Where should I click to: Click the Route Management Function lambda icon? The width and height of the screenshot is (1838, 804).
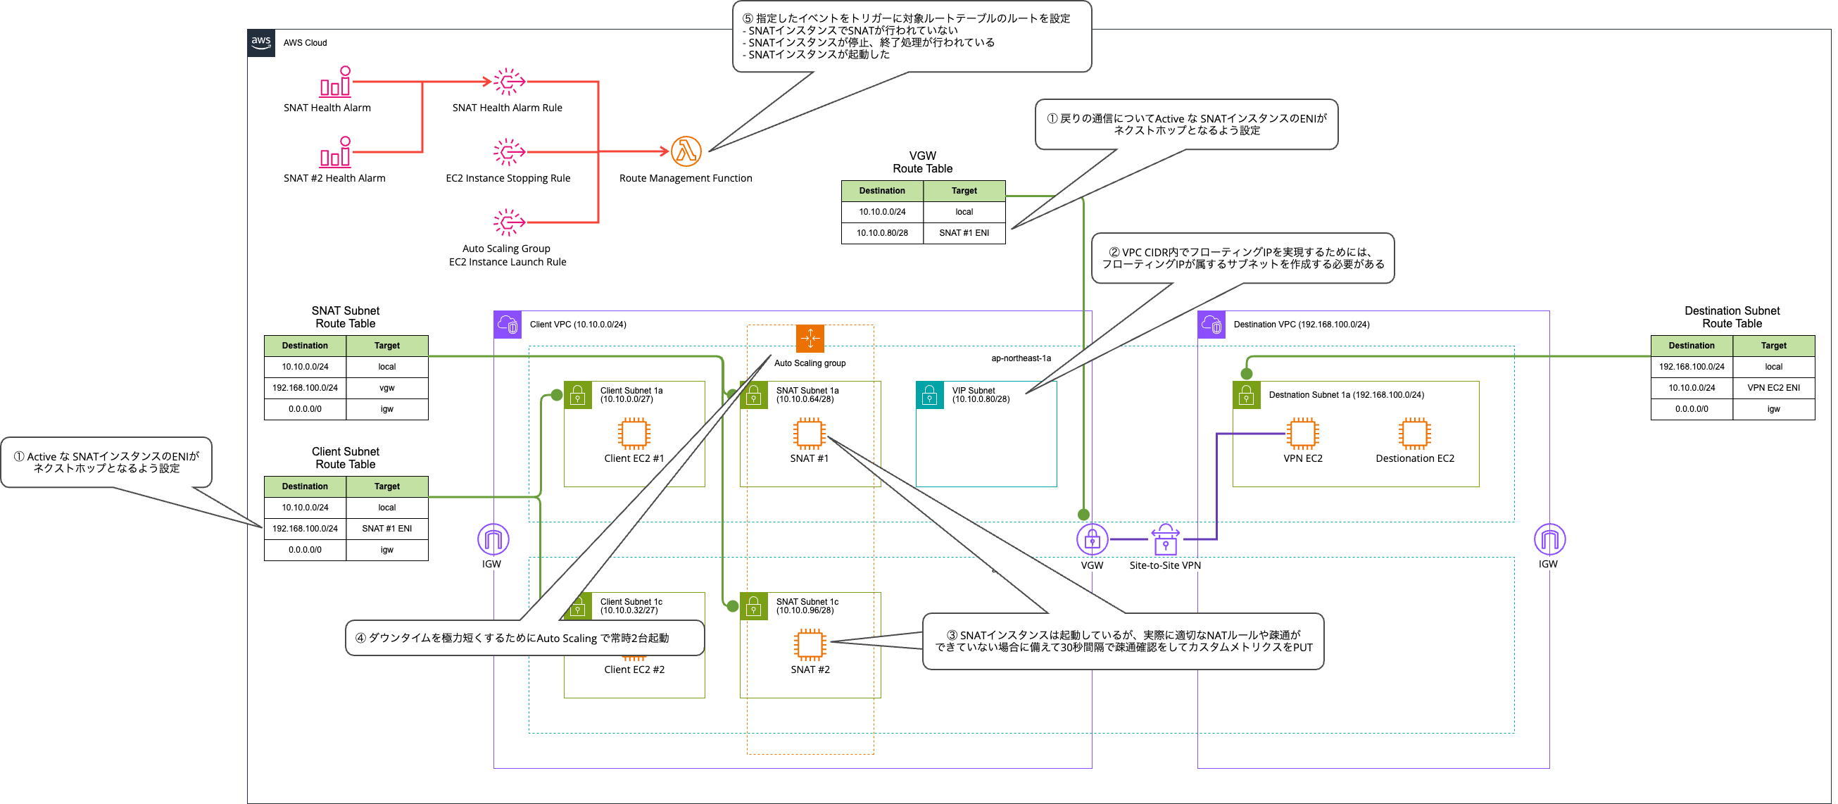click(686, 151)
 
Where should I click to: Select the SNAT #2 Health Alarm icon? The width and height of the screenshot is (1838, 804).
click(335, 151)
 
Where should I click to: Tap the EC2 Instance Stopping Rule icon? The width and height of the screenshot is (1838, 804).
click(509, 152)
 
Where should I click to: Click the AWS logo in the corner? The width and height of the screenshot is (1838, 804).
click(261, 43)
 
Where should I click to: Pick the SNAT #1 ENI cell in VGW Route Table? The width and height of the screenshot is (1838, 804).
click(964, 232)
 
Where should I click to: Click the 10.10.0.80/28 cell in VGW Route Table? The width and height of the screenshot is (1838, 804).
click(882, 232)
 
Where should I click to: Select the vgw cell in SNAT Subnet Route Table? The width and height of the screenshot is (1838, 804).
click(386, 388)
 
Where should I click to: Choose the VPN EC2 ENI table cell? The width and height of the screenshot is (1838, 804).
click(1773, 388)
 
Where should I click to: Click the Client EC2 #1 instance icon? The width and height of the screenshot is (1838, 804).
click(634, 434)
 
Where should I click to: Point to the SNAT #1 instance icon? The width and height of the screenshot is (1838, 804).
click(809, 434)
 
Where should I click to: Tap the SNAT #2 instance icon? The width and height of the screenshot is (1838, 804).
click(810, 645)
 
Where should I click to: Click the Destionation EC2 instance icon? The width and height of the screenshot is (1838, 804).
click(1414, 434)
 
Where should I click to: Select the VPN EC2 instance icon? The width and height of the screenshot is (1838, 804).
click(1303, 434)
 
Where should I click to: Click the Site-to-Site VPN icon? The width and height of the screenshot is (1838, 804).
click(1165, 539)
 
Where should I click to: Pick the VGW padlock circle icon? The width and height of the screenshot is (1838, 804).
click(1092, 539)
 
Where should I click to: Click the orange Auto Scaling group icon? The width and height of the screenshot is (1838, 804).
click(810, 338)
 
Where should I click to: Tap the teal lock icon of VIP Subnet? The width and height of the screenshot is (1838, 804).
click(930, 395)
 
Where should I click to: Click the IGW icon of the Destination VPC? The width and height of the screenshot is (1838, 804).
click(1549, 539)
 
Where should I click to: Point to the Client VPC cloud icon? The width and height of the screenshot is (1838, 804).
click(508, 325)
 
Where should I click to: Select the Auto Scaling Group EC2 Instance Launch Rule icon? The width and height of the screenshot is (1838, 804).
click(509, 222)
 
